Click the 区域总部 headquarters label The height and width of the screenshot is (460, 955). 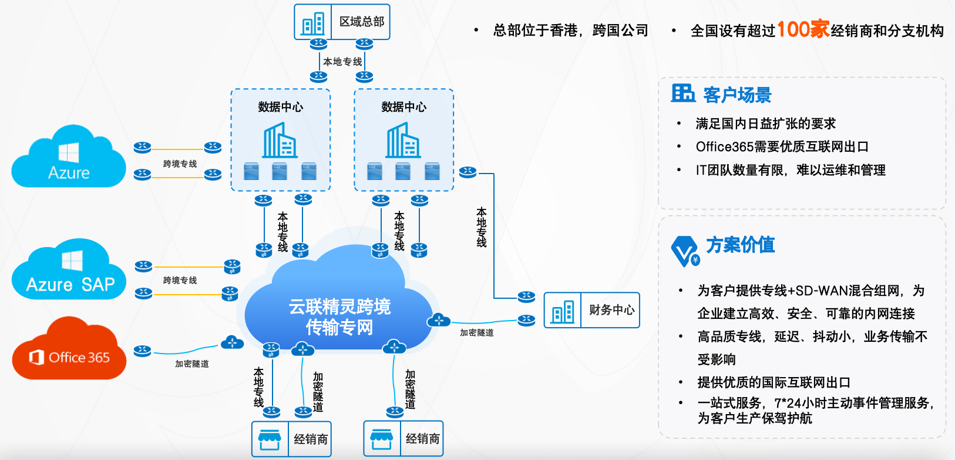(x=362, y=22)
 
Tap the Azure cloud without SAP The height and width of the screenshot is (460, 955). (x=69, y=159)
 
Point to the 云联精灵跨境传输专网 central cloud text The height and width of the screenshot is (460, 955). (x=339, y=316)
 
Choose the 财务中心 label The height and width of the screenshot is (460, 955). (x=611, y=310)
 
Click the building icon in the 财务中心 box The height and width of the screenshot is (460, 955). (x=563, y=311)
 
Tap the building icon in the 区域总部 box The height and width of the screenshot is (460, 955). (x=313, y=24)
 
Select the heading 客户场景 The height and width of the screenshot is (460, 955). (x=737, y=95)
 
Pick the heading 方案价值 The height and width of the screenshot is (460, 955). (x=740, y=245)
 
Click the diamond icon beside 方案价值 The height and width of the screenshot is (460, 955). (x=684, y=251)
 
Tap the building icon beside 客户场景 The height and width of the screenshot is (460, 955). (x=683, y=93)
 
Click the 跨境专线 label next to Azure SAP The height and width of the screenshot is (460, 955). (x=180, y=281)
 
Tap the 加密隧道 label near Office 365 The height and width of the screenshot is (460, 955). (x=191, y=364)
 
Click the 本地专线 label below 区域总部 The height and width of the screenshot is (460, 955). (x=342, y=62)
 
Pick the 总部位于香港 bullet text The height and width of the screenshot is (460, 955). (x=535, y=30)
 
